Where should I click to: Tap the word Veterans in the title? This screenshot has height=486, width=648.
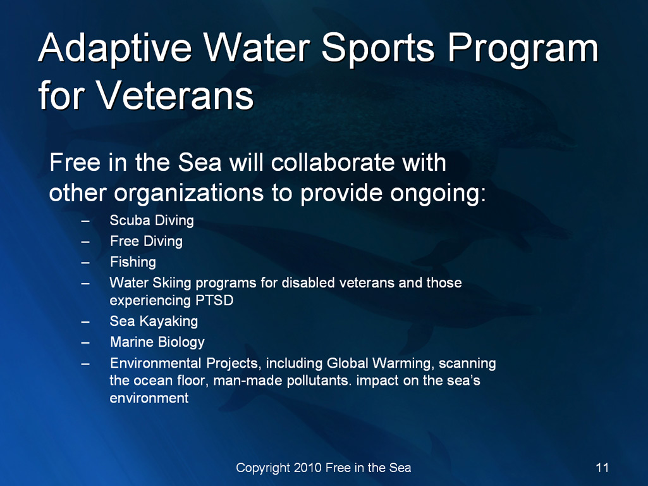[175, 96]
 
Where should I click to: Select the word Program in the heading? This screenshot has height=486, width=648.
[523, 49]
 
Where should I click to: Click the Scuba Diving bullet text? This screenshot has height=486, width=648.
[152, 220]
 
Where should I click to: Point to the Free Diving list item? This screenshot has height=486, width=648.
[146, 241]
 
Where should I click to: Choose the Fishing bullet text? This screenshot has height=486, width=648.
[133, 262]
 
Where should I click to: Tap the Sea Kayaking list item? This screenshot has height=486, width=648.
[154, 321]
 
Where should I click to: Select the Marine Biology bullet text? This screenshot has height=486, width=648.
[157, 342]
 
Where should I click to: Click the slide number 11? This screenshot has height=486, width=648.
[602, 468]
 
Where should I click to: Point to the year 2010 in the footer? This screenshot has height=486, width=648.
[308, 468]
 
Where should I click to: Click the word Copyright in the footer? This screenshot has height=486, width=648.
[263, 468]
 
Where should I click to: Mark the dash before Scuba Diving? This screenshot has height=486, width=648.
[85, 221]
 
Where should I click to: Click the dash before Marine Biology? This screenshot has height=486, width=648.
[85, 343]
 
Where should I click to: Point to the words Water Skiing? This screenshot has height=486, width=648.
[150, 283]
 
